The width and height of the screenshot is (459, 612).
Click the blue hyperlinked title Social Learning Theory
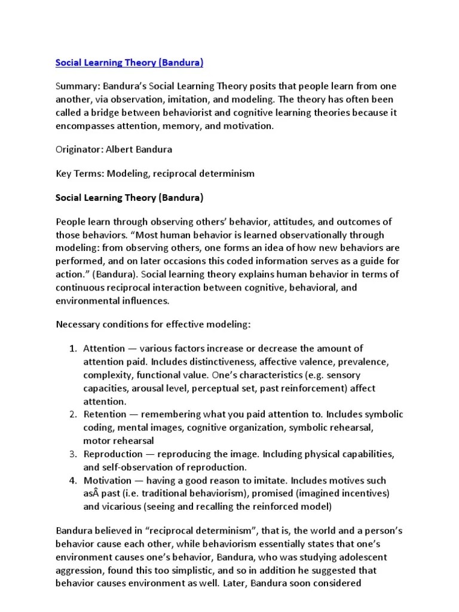pos(129,62)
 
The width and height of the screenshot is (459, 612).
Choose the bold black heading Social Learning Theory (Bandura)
pos(129,197)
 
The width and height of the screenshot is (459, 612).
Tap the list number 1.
pos(71,348)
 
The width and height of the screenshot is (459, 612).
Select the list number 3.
pos(71,454)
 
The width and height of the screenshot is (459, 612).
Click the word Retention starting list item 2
pos(105,414)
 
